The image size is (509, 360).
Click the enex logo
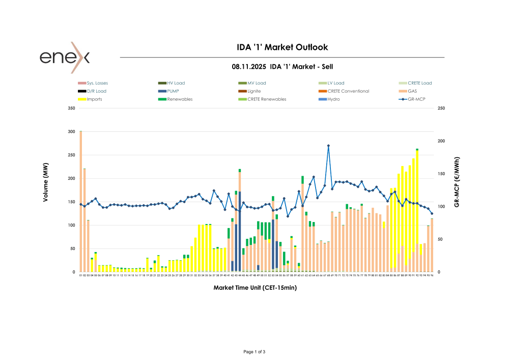click(x=65, y=57)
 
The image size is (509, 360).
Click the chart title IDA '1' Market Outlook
click(x=282, y=47)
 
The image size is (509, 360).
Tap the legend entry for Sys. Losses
click(x=97, y=83)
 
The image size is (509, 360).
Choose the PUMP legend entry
click(x=173, y=91)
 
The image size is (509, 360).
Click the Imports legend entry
click(x=94, y=99)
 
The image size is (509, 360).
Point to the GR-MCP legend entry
click(x=417, y=99)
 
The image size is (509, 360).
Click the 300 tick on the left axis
click(x=71, y=132)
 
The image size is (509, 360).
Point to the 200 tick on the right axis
click(x=441, y=141)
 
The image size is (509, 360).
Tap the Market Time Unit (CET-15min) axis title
click(x=255, y=288)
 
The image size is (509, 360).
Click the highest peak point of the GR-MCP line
click(x=328, y=146)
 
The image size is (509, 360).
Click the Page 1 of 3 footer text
click(x=254, y=352)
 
